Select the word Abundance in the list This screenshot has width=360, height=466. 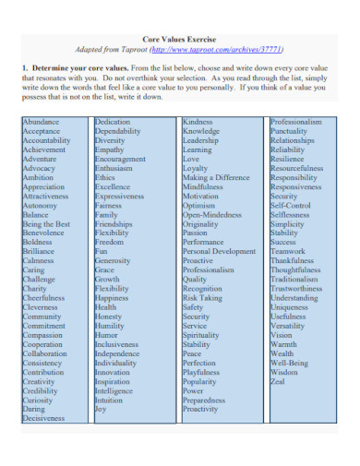coord(41,122)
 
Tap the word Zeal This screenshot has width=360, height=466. coord(278,380)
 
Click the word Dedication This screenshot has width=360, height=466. coord(115,122)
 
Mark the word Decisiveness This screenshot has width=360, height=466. coord(45,418)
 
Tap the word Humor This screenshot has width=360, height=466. coord(107,334)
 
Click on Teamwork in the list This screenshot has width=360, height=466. coord(287,251)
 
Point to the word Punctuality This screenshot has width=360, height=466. coord(290,131)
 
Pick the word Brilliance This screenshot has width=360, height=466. coord(40,251)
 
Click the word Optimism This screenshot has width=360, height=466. coord(200,205)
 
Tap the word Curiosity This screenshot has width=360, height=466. coord(39,400)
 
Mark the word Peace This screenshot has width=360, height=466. coord(192,352)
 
